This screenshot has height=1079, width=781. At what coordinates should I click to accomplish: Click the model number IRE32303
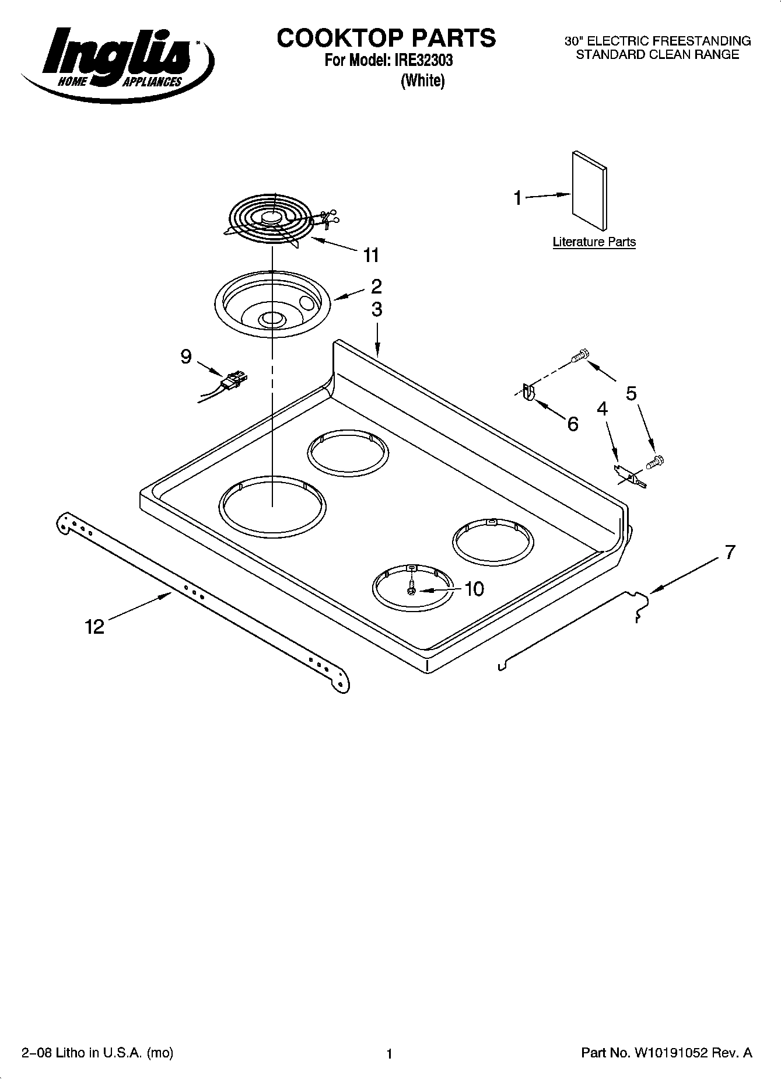pyautogui.click(x=419, y=60)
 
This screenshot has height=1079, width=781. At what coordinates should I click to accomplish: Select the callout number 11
pyautogui.click(x=371, y=255)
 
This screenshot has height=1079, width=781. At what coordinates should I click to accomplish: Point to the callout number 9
pyautogui.click(x=185, y=356)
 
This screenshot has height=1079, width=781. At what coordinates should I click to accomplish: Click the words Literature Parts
pyautogui.click(x=594, y=242)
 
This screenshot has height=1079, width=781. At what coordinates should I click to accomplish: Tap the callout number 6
pyautogui.click(x=573, y=424)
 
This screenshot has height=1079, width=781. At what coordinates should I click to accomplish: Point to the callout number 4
pyautogui.click(x=603, y=408)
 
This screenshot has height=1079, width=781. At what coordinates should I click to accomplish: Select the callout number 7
pyautogui.click(x=730, y=551)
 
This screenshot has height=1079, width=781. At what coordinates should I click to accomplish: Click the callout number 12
pyautogui.click(x=94, y=627)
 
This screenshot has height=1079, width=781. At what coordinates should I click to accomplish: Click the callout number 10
pyautogui.click(x=474, y=589)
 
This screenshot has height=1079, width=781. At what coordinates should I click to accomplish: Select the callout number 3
pyautogui.click(x=377, y=309)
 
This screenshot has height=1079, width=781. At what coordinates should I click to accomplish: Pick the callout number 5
pyautogui.click(x=631, y=393)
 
